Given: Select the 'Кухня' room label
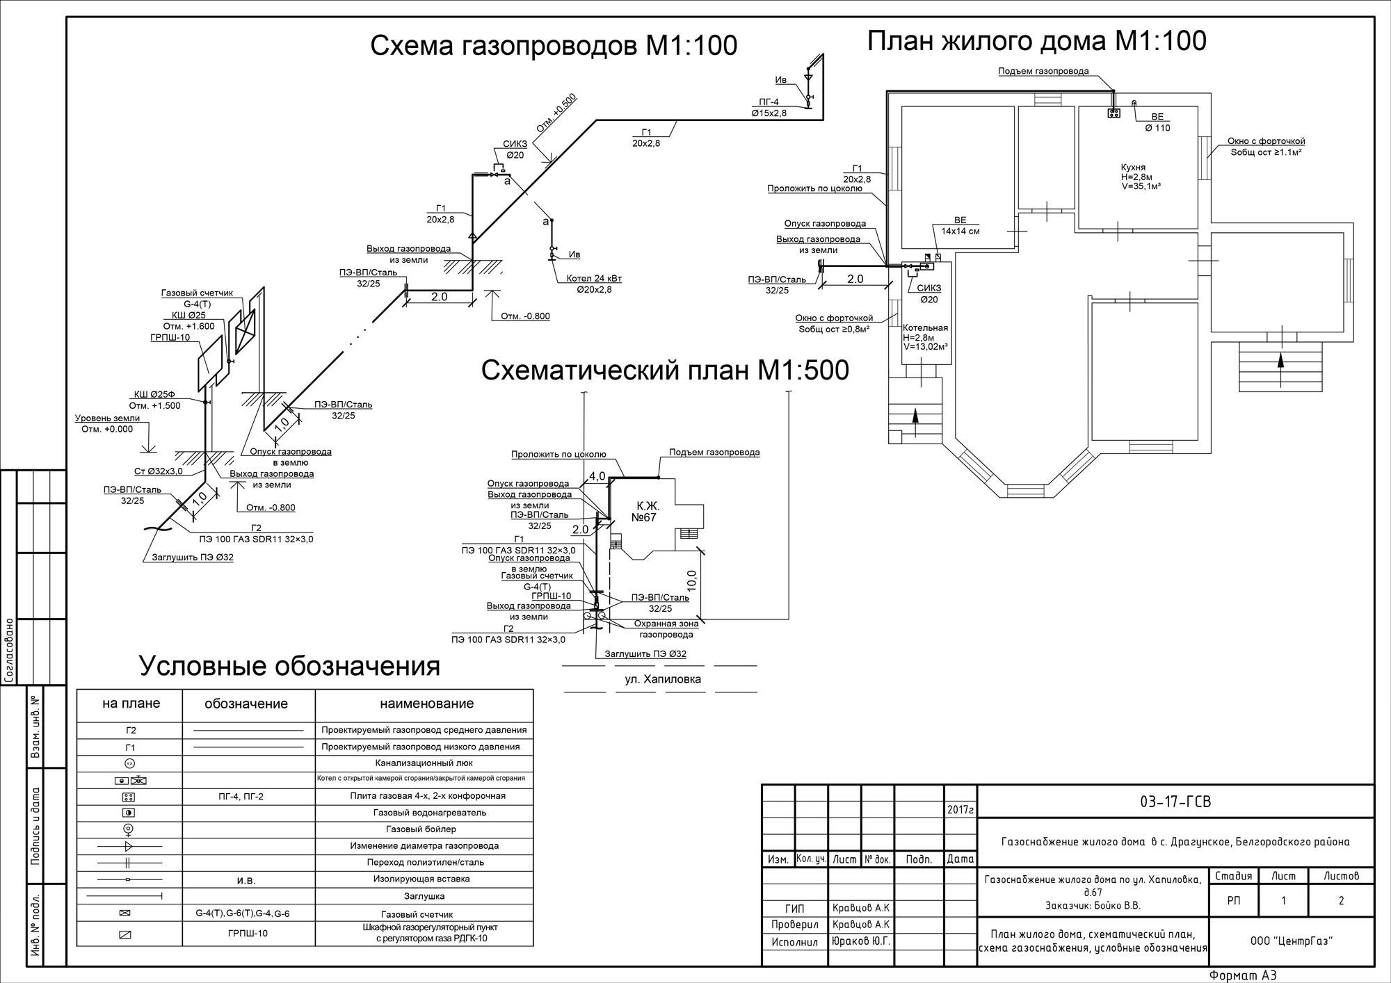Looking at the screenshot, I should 1133,168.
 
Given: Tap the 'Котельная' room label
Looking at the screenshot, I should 925,327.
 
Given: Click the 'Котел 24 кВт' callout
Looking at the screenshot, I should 594,279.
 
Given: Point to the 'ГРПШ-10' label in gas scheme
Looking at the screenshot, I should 170,337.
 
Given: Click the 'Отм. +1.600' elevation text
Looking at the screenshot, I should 188,326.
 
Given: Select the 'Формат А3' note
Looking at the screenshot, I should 1243,975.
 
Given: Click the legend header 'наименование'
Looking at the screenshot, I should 426,704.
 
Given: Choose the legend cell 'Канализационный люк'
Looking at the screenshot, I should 424,763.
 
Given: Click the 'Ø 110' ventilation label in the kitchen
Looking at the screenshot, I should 1157,128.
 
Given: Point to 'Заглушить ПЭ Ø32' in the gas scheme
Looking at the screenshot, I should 193,557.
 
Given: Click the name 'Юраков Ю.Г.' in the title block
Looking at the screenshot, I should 861,941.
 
